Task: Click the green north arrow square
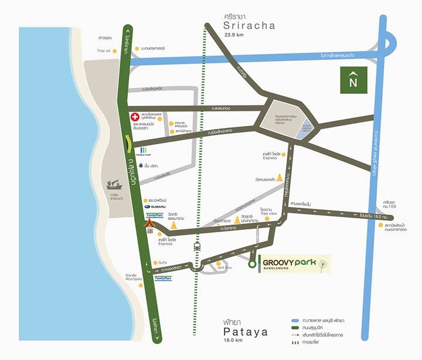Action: (353, 80)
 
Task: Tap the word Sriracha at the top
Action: (249, 26)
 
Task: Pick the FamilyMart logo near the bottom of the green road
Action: (163, 279)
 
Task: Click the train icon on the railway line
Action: (197, 247)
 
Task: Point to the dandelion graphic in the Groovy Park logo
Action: (322, 263)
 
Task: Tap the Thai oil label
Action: (104, 51)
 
